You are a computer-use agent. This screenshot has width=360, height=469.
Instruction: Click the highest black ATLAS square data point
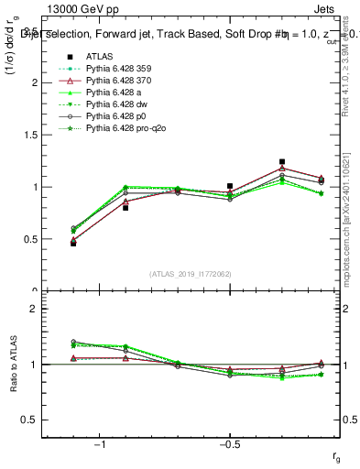pyautogui.click(x=282, y=162)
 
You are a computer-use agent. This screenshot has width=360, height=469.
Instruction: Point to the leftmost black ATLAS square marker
pyautogui.click(x=73, y=243)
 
